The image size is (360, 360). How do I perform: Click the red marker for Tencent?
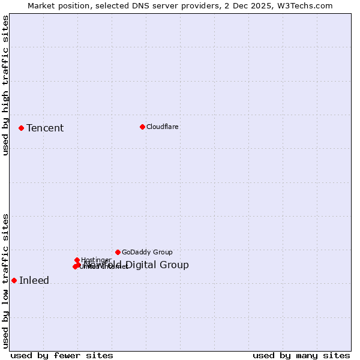tap(21, 128)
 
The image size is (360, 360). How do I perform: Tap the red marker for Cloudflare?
tap(142, 127)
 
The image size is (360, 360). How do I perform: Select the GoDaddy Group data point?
tap(118, 252)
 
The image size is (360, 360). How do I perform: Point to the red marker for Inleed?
tap(14, 280)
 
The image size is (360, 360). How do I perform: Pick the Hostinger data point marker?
tap(77, 260)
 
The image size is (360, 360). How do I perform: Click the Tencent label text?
tap(45, 128)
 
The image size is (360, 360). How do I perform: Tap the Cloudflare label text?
tap(162, 127)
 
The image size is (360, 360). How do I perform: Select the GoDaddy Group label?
tap(147, 252)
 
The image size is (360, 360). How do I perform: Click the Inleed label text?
tap(34, 280)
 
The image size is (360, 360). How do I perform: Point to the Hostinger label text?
tap(96, 260)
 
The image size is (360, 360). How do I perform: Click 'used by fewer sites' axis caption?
tap(62, 355)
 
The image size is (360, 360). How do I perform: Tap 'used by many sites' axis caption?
tap(301, 355)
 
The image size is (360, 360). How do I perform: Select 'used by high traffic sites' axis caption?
tap(5, 85)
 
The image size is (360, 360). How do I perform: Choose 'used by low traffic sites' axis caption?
tap(5, 281)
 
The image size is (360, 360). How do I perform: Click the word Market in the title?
tap(42, 5)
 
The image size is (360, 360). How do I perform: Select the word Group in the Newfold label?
tap(175, 265)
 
